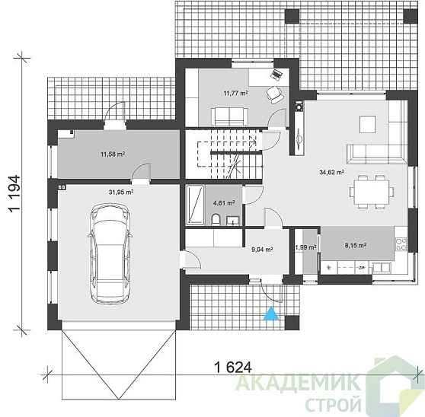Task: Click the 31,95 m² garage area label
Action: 121,192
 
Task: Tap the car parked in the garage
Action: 110,254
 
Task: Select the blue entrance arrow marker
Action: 271,314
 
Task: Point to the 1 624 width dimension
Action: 233,368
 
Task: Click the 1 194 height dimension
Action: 15,193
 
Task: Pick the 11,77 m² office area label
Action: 235,94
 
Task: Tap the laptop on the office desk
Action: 276,75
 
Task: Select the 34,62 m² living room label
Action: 332,172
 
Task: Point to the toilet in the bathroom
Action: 216,219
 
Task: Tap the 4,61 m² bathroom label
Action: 224,202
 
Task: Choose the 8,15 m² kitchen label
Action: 356,245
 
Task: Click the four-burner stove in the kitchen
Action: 401,244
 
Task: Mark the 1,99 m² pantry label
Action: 305,247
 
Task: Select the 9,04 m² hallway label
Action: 262,250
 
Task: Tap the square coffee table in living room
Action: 368,124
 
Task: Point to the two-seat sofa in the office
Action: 229,116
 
